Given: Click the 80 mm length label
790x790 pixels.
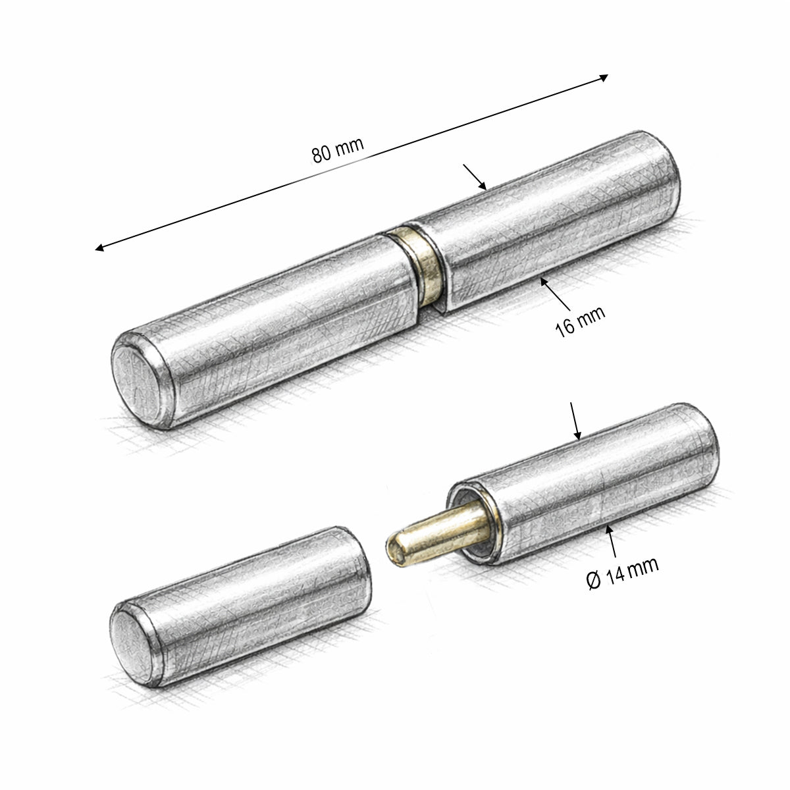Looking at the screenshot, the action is coord(338,149).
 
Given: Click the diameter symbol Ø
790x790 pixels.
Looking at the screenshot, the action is coord(594,581).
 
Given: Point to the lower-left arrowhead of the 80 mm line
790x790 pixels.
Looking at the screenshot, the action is coord(99,248).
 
